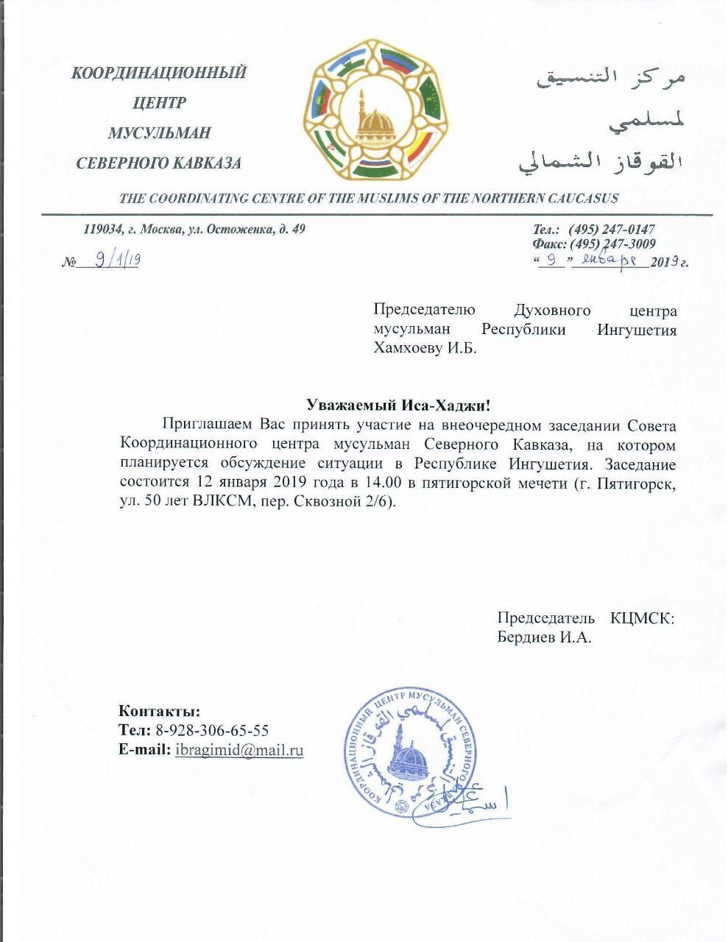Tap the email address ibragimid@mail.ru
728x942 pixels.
tap(238, 751)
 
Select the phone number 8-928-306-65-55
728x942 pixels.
tap(212, 731)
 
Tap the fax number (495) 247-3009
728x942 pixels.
tap(612, 244)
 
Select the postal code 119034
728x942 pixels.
tap(102, 229)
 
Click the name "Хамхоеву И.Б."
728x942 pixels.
tap(425, 349)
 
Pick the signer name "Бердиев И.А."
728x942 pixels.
tap(544, 637)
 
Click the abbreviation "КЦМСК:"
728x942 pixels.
tap(642, 618)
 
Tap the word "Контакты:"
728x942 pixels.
tap(159, 712)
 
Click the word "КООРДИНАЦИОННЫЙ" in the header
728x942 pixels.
tap(158, 73)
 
